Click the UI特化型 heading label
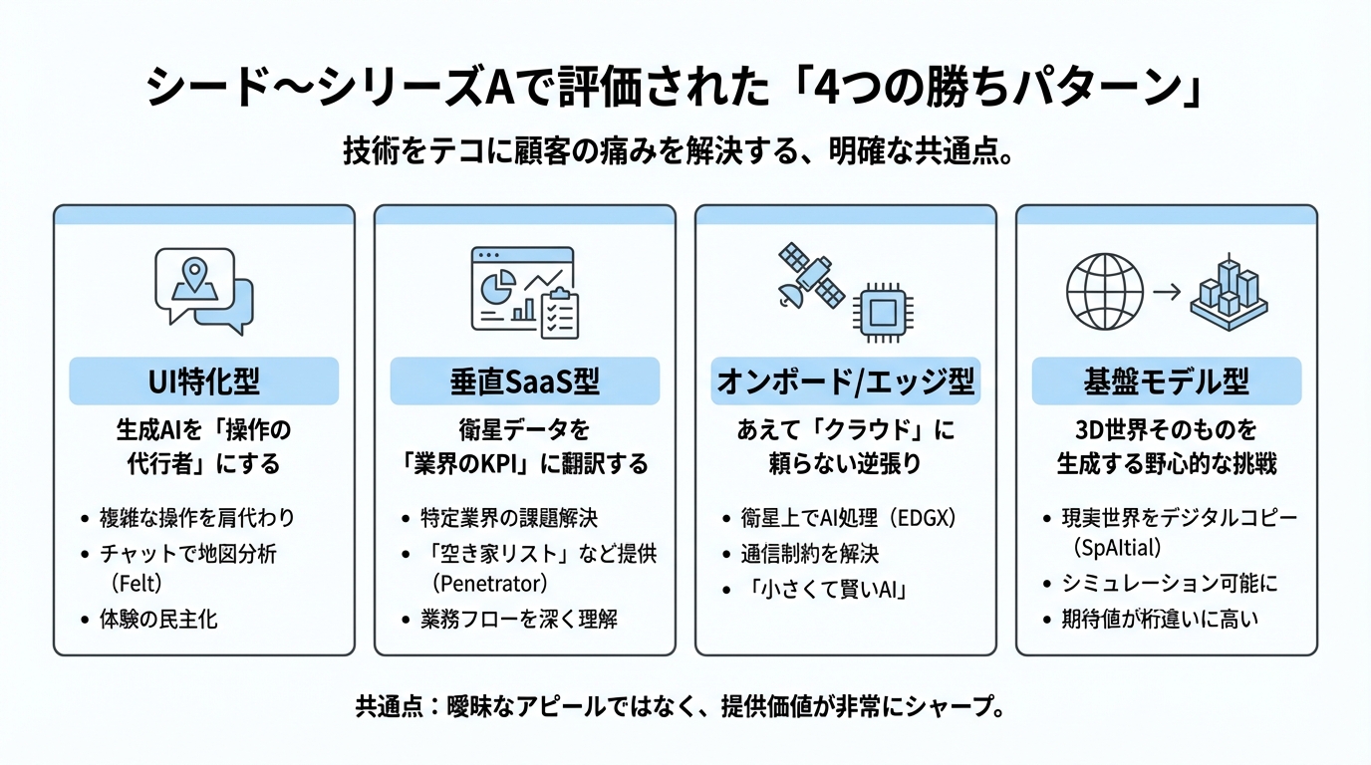coord(203,382)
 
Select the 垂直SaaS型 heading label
coord(524,382)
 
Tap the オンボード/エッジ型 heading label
coord(845,382)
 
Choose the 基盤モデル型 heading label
coord(1166,382)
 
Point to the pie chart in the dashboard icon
coord(494,288)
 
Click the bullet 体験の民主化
coord(158,619)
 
